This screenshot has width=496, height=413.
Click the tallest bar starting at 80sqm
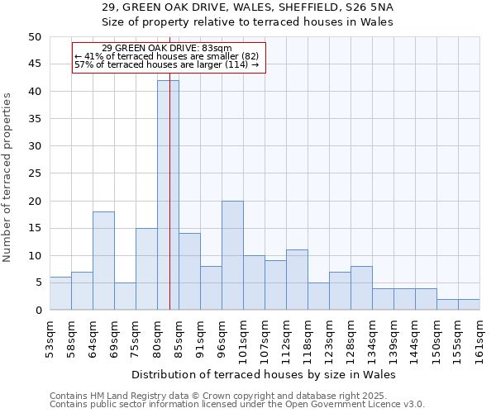(168, 195)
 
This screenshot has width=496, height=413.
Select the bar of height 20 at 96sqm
(232, 255)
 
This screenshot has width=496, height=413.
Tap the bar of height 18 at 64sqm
(103, 260)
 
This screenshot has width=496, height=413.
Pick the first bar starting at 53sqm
(60, 293)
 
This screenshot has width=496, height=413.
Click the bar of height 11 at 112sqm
(297, 279)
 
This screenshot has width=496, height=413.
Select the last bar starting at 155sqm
(469, 304)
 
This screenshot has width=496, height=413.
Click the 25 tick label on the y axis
(34, 173)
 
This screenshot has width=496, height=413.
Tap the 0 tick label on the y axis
(37, 311)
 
